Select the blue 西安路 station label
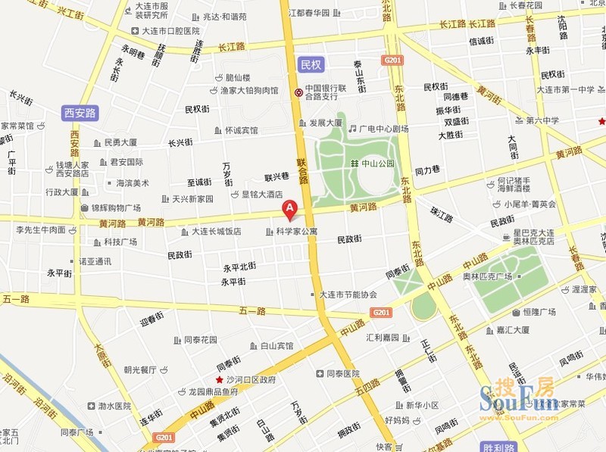click(80, 114)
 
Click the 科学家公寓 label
click(297, 231)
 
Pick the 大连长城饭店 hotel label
click(216, 232)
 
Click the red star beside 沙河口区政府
click(220, 379)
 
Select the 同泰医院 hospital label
click(342, 373)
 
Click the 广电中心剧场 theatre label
click(383, 129)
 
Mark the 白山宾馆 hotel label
click(276, 346)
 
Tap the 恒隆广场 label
click(539, 311)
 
